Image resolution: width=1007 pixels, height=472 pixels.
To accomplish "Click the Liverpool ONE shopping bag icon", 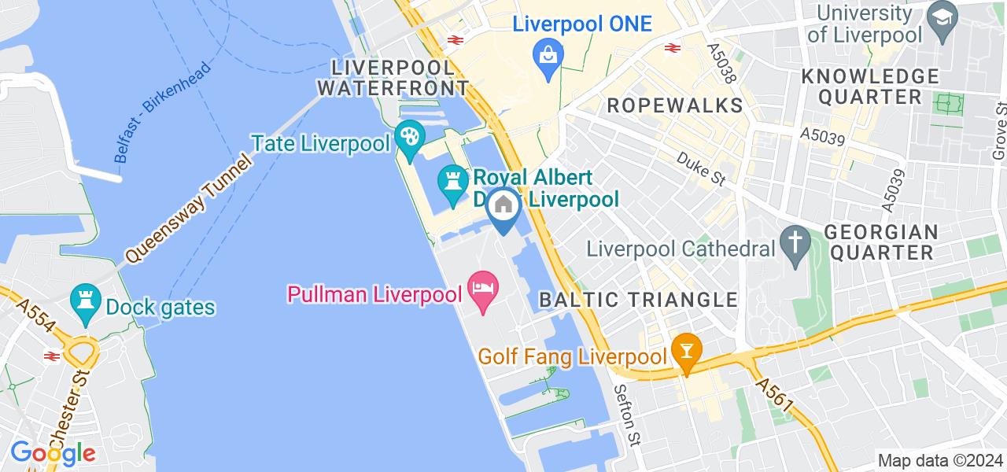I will click(546, 56).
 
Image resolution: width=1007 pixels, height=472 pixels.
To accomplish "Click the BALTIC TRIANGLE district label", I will click(638, 299).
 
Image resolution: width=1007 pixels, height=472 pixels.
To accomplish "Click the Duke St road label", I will click(701, 168).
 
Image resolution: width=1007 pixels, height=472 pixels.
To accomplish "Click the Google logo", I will click(53, 453).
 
